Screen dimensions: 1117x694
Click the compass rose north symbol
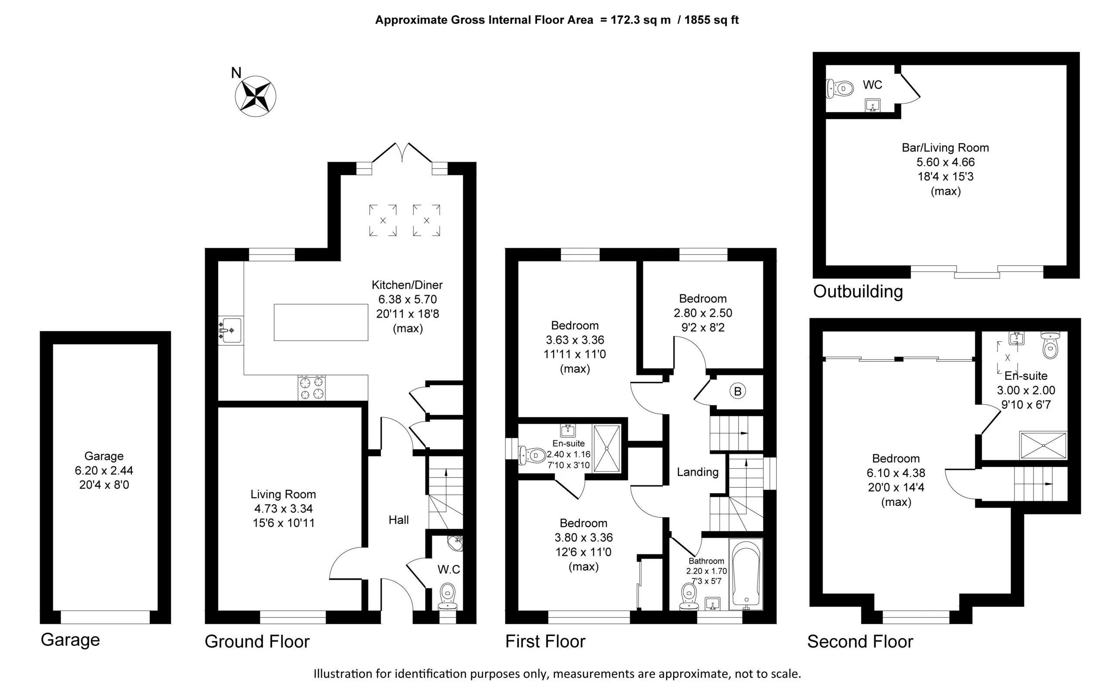click(x=256, y=96)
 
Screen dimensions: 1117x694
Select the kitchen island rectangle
click(x=321, y=322)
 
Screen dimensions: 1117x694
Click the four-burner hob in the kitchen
click(x=312, y=388)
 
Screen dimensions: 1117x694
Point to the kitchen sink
click(x=230, y=330)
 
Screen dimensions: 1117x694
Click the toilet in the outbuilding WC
click(x=839, y=89)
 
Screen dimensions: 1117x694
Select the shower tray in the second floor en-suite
click(x=1043, y=445)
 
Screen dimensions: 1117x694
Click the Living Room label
click(x=283, y=495)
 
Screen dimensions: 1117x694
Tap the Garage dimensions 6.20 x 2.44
click(x=104, y=471)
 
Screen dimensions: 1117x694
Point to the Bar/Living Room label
click(x=946, y=148)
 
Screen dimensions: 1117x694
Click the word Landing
click(x=698, y=472)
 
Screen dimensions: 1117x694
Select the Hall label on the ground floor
click(x=399, y=520)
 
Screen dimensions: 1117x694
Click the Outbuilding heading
click(x=858, y=292)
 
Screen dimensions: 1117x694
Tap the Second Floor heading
click(x=860, y=642)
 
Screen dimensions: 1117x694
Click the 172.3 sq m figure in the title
click(x=641, y=20)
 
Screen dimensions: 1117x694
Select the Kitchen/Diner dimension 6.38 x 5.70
click(x=408, y=299)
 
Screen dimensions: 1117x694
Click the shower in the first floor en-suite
click(x=606, y=448)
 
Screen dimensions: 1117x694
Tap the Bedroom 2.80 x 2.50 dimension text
click(x=703, y=313)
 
